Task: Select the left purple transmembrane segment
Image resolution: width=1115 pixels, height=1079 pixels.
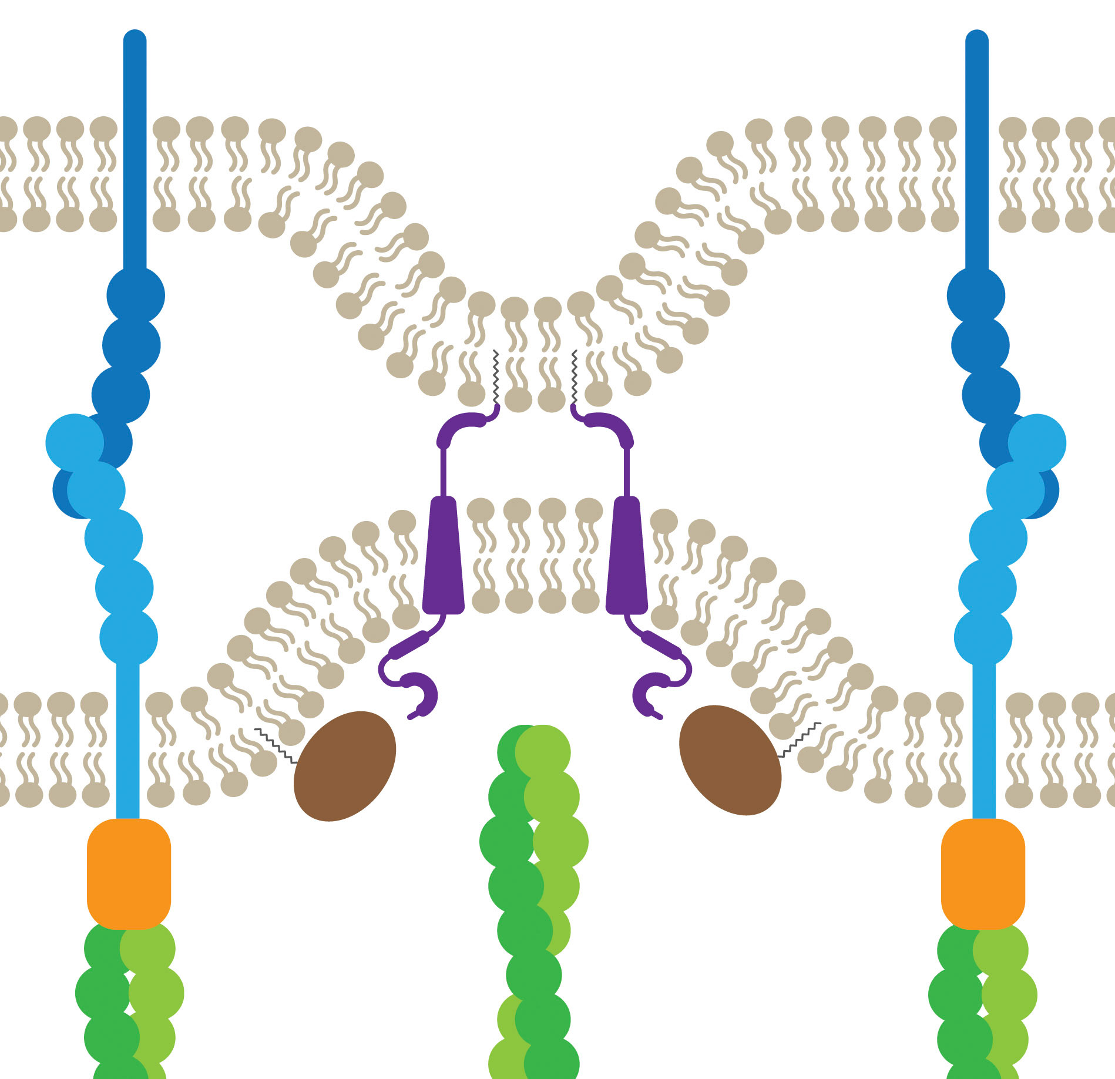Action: click(x=444, y=555)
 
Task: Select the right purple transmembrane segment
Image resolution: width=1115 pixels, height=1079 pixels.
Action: click(x=626, y=555)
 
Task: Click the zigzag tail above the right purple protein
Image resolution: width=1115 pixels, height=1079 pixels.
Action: click(x=575, y=376)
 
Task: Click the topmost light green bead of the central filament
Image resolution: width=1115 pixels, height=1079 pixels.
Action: click(x=543, y=752)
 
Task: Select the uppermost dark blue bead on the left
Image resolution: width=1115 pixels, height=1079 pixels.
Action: click(x=136, y=295)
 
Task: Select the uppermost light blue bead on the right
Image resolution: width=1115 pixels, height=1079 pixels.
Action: click(x=1037, y=443)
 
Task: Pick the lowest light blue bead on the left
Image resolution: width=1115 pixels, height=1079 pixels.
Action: click(x=129, y=637)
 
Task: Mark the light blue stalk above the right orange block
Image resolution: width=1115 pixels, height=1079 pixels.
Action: click(x=984, y=740)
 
